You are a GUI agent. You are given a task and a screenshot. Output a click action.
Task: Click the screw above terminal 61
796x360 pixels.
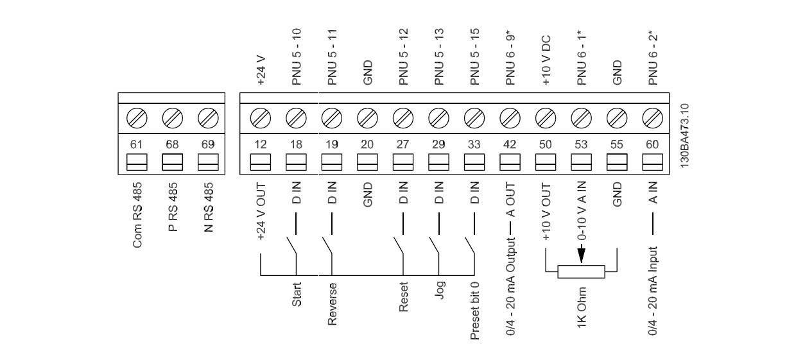tap(136, 118)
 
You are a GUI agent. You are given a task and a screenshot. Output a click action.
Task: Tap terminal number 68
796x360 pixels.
tap(172, 144)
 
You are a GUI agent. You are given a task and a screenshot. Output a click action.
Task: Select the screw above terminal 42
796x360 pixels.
tap(510, 118)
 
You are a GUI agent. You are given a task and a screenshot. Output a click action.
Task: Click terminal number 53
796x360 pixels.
tap(581, 144)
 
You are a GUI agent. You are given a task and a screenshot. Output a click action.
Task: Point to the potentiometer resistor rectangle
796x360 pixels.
tap(581, 271)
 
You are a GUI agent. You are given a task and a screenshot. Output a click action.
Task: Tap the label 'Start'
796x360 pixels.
tap(297, 294)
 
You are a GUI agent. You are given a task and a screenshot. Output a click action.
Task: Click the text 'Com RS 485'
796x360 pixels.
tap(137, 214)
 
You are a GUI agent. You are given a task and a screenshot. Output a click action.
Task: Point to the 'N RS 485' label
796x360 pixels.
tap(208, 207)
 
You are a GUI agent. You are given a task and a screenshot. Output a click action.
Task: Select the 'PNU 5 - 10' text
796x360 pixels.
tap(296, 57)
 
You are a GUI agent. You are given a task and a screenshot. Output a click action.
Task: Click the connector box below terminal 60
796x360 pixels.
tap(652, 161)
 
